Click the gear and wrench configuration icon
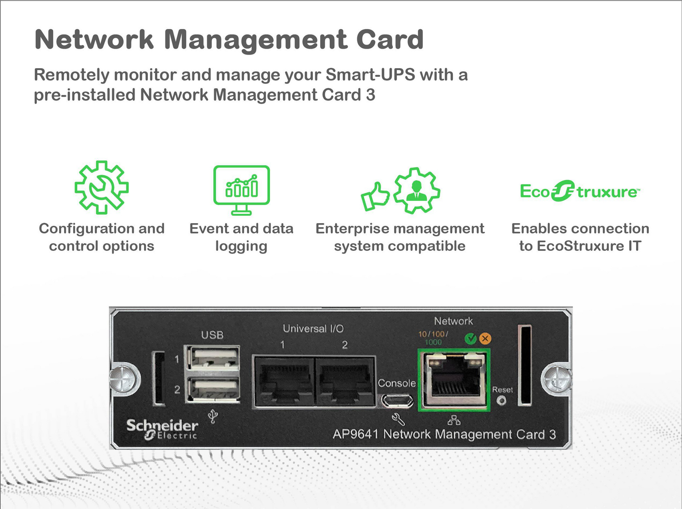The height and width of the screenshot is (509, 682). tap(101, 187)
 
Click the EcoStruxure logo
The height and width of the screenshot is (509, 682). tap(580, 191)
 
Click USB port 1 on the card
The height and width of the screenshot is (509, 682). tap(212, 359)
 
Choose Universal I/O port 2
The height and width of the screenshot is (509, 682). tap(345, 381)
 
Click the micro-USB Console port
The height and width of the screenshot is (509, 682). tap(397, 401)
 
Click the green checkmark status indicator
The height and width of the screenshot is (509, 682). tap(470, 339)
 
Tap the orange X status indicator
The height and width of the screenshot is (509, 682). tap(485, 339)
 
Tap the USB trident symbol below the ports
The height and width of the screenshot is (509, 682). tap(213, 416)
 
